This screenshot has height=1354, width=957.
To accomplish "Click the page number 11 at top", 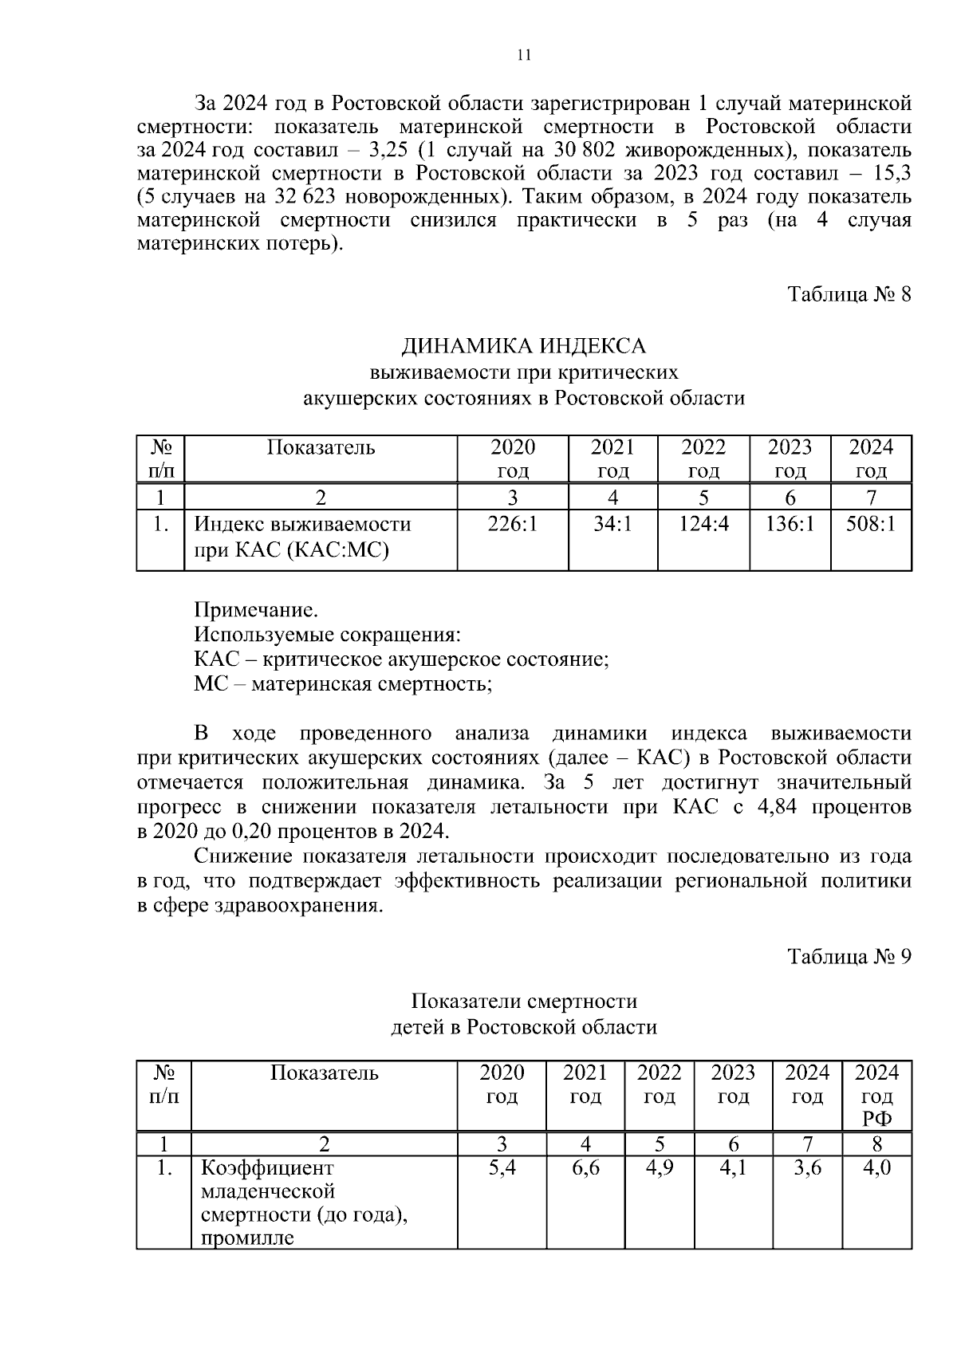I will pos(524,55).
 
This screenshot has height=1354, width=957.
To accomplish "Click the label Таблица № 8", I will pos(849,294).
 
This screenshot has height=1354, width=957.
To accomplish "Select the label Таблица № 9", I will pos(849,956).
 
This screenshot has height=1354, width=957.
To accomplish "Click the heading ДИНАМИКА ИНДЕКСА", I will pos(523,346).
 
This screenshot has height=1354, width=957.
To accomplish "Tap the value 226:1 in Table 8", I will pos(513,525).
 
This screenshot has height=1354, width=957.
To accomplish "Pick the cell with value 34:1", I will pos(612,525).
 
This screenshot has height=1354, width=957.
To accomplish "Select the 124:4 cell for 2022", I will pos(703,525).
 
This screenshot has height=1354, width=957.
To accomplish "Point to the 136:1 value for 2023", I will pos(790,525).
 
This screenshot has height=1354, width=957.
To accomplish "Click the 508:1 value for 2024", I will pos(871,525).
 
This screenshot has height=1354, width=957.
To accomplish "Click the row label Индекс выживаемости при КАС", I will pos(303,537).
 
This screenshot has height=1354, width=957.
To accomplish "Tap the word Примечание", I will pos(256,611).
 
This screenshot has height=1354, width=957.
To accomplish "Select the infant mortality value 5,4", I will pos(502,1168).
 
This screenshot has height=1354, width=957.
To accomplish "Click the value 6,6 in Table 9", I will pos(585,1168).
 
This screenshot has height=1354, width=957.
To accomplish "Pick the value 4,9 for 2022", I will pos(659,1168).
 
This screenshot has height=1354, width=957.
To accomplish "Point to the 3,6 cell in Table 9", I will pos(807,1168).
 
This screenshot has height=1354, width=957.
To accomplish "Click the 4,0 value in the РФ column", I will pos(876,1168).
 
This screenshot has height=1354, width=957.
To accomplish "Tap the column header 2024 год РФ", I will pos(876,1096).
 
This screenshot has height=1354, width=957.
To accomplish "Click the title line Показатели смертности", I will pos(524,1001).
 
